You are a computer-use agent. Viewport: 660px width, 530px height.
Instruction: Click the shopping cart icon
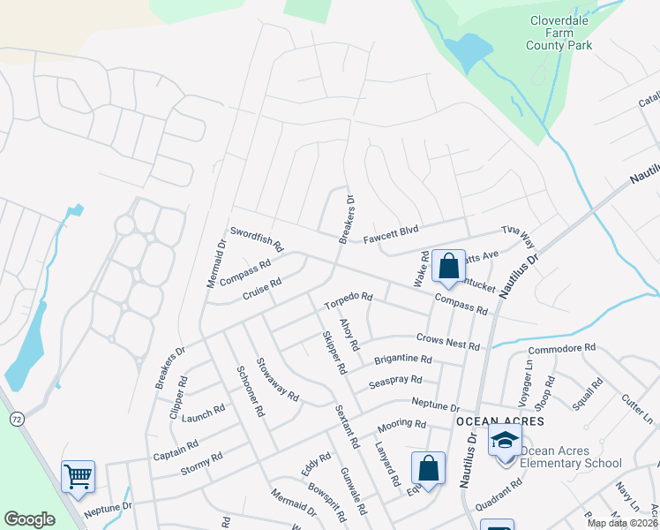point(78,477)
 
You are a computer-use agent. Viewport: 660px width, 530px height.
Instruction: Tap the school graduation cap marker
point(505,440)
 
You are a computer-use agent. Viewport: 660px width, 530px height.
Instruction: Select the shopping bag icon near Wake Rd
point(448,265)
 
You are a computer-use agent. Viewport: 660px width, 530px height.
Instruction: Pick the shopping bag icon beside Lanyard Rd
point(428,467)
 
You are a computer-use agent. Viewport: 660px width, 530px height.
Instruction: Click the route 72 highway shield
point(16,417)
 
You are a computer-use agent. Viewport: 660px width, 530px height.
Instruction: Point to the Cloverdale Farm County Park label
point(559,33)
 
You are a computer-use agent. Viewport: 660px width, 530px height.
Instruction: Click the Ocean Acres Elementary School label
point(571,457)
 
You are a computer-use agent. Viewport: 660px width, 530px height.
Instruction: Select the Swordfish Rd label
point(256,238)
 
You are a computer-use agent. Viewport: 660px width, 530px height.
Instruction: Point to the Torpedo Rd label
point(348,302)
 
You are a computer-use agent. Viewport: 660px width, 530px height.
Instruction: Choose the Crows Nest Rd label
point(447,340)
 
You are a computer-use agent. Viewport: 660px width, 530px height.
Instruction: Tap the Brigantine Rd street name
point(402,360)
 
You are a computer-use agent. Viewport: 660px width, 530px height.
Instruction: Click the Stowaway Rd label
point(277,378)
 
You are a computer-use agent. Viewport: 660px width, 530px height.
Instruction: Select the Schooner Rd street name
point(250,391)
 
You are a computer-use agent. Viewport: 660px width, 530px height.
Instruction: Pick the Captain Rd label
point(175,450)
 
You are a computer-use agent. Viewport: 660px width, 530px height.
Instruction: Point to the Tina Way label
point(518,238)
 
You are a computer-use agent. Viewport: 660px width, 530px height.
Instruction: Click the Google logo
point(29,519)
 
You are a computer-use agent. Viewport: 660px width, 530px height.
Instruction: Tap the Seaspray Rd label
point(395,381)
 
